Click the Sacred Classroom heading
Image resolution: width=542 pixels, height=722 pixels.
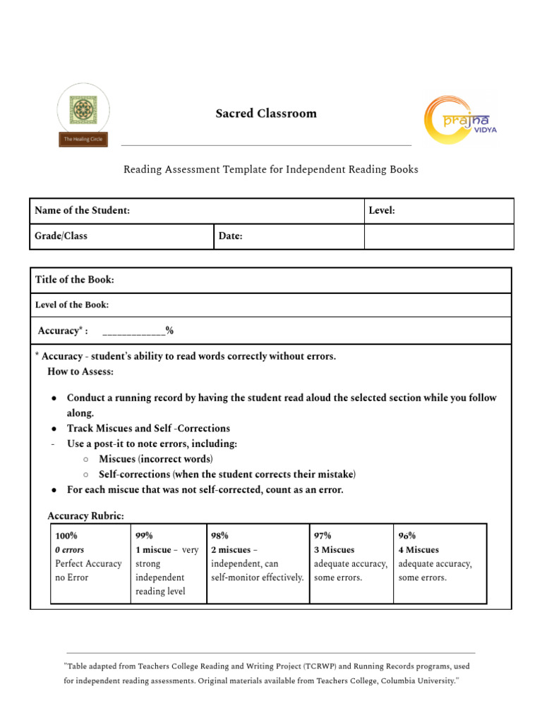266,114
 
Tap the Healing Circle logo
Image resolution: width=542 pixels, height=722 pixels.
83,115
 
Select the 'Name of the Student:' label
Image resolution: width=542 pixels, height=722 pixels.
82,211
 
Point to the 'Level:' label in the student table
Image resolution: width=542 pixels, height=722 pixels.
382,211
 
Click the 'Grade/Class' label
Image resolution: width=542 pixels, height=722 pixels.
61,236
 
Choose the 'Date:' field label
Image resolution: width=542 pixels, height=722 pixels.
230,236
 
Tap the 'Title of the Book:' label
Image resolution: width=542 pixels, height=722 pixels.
74,280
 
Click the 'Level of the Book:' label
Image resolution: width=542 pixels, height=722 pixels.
72,305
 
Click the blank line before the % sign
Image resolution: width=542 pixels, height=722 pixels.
133,331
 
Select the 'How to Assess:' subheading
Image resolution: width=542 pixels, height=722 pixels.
80,371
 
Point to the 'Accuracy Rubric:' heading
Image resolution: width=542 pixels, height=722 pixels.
85,516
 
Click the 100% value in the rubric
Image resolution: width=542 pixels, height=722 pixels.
66,536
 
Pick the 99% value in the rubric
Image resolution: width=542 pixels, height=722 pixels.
144,536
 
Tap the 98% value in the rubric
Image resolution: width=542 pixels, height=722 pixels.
219,536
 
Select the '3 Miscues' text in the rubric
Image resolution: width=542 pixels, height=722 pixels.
334,550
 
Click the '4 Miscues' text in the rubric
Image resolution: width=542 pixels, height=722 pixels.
418,550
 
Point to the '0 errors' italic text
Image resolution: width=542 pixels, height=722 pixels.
69,550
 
